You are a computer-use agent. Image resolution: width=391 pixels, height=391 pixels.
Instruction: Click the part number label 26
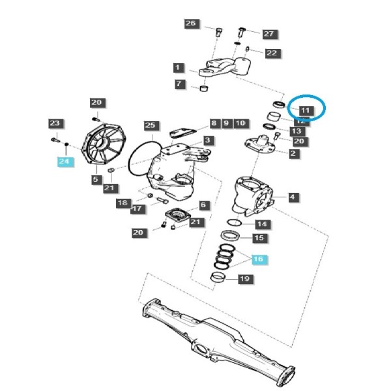point(191,23)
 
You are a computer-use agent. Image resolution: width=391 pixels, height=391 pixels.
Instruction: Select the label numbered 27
point(269,34)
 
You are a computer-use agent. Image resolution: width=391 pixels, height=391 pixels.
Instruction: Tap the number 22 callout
point(272,53)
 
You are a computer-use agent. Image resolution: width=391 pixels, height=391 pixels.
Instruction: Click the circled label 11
point(306,111)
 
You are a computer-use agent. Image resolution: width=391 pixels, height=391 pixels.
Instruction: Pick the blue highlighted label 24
point(65,162)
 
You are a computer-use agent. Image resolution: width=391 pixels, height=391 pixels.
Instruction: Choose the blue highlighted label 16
point(258,259)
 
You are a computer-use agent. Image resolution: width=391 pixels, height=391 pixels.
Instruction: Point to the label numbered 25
point(151,125)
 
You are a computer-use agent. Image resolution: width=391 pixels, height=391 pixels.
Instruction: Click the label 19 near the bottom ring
point(245,278)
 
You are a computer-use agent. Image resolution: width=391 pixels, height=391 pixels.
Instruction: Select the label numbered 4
point(293,197)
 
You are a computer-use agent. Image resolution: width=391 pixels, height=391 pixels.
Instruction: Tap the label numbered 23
point(55,123)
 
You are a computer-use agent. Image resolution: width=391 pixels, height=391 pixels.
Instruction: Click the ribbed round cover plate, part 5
point(103,145)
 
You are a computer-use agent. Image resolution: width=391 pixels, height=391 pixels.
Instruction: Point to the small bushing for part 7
point(205,88)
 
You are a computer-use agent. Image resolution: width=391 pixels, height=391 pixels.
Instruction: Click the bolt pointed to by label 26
point(219,33)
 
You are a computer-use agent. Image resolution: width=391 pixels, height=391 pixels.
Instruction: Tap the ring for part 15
point(230,235)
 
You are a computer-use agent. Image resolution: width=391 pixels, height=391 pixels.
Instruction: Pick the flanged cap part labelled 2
point(260,144)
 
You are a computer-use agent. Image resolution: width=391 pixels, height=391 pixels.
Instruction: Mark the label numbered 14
point(263,224)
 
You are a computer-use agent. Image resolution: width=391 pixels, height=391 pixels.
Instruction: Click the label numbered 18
point(123,203)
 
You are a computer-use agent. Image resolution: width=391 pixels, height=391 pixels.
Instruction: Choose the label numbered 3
point(209,140)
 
